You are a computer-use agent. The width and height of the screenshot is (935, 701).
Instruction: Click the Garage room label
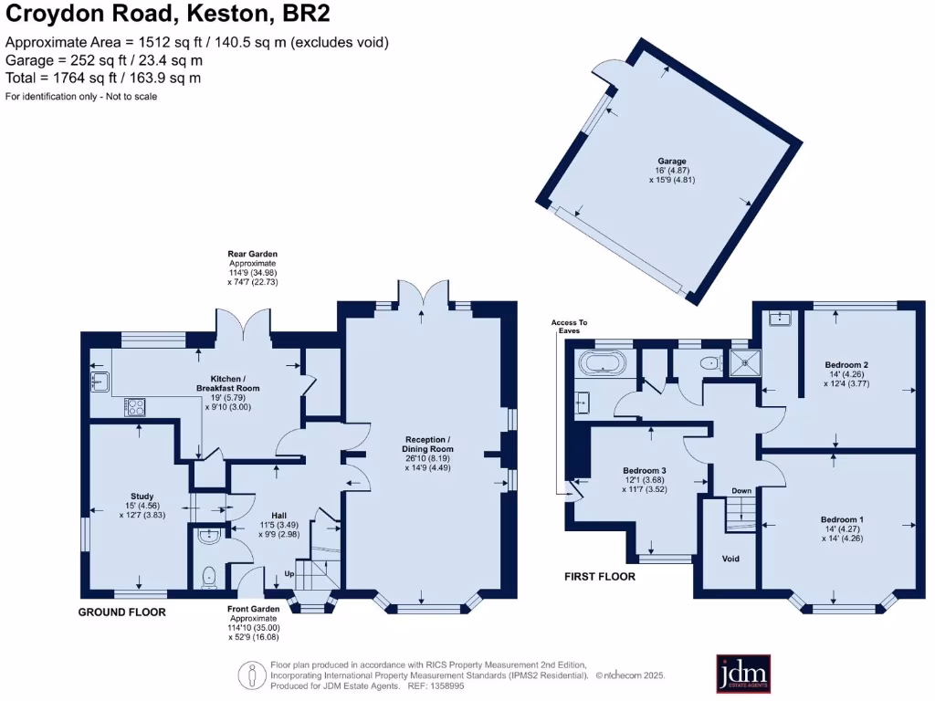(x=673, y=161)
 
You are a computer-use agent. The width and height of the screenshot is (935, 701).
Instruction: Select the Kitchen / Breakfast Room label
(x=228, y=383)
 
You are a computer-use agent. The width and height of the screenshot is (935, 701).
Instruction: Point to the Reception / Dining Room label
(x=429, y=445)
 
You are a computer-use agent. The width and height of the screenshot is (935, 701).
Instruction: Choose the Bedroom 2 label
(x=846, y=364)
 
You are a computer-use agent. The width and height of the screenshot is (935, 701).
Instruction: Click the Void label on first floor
(x=730, y=559)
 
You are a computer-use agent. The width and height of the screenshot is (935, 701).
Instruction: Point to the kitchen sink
(x=100, y=380)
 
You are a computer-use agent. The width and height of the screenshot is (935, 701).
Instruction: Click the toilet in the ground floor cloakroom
(x=209, y=574)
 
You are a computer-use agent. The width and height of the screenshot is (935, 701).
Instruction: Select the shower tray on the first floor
(x=746, y=362)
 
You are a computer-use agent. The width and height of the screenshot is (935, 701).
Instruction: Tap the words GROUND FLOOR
(x=121, y=612)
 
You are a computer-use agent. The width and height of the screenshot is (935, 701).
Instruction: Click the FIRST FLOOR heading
(x=599, y=577)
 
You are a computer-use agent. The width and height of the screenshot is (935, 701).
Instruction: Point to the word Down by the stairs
(x=741, y=491)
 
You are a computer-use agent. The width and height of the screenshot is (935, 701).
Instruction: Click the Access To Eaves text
(x=569, y=327)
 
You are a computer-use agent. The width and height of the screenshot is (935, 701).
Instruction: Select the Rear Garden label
(x=253, y=254)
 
